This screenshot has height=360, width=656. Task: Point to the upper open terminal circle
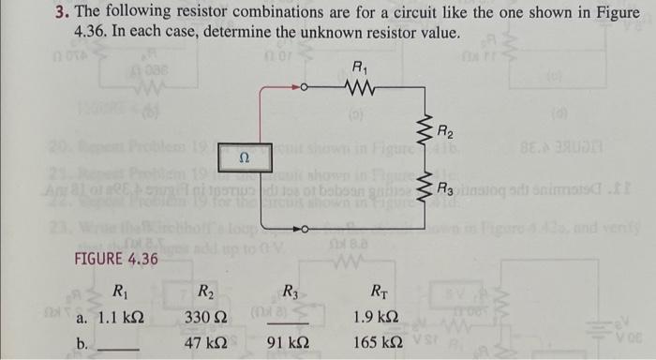pos(303,91)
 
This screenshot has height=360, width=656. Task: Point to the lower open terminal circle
pos(303,226)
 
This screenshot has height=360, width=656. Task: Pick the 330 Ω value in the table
pos(211,319)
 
